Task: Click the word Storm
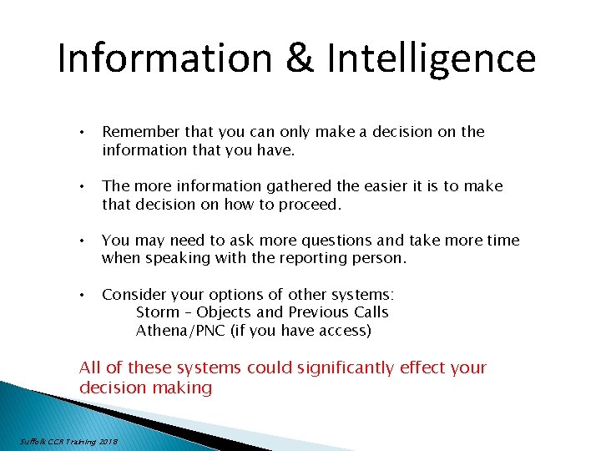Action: click(157, 312)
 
